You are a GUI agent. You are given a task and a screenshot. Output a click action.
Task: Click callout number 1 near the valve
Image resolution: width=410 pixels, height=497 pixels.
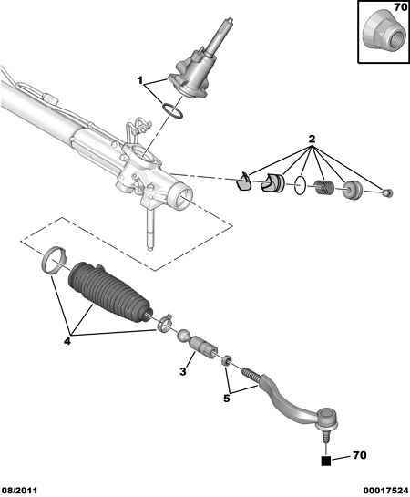(x=140, y=80)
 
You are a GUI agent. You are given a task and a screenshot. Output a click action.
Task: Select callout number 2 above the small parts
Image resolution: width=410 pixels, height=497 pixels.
(x=312, y=139)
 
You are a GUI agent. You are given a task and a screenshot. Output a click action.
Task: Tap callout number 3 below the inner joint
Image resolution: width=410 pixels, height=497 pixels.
(x=183, y=371)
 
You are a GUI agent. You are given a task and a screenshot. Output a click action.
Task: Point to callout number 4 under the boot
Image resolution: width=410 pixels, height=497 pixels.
(x=67, y=341)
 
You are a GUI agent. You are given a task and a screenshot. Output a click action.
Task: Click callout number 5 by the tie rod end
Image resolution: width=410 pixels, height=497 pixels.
(x=226, y=399)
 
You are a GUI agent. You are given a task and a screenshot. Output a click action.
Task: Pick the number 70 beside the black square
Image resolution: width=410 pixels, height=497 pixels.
(x=359, y=455)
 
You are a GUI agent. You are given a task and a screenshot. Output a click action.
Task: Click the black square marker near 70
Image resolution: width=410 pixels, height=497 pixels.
(x=326, y=461)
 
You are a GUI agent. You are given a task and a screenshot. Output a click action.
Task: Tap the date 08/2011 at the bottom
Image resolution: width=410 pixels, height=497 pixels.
(x=19, y=491)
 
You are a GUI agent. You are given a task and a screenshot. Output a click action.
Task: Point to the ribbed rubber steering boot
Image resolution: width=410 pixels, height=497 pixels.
(x=110, y=291)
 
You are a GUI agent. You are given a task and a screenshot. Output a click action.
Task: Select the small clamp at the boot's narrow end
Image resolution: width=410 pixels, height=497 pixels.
(x=165, y=323)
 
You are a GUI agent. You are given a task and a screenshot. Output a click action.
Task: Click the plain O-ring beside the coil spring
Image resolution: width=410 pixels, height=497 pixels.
(x=300, y=185)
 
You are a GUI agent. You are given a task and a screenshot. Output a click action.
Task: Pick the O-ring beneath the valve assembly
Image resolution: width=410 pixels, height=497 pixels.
(x=173, y=111)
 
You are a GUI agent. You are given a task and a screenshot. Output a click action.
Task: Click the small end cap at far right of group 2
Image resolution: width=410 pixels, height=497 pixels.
(x=388, y=192)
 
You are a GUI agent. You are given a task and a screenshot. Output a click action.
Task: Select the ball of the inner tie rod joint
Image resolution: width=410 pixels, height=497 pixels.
(x=184, y=336)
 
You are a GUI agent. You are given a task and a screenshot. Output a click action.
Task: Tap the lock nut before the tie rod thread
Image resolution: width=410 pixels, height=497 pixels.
(x=226, y=360)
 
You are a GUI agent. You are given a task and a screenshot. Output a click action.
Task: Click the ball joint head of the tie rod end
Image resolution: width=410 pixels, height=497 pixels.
(x=328, y=418)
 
